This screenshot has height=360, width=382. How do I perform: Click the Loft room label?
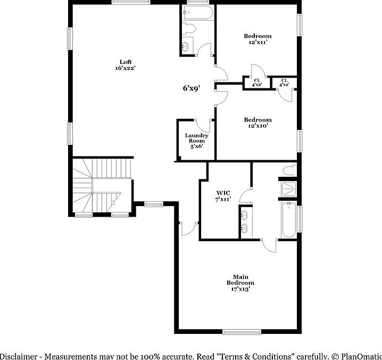(126, 61)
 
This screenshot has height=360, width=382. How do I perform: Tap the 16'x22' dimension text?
(126, 68)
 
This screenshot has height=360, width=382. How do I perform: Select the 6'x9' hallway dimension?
(191, 88)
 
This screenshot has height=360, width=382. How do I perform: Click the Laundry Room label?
(196, 138)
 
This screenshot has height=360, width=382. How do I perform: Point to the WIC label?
(223, 192)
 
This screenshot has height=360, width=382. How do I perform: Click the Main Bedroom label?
(240, 280)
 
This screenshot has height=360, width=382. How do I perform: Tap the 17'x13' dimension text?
(240, 289)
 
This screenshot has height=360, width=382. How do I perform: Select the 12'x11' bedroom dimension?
(258, 43)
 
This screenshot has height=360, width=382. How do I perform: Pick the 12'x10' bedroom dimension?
(258, 126)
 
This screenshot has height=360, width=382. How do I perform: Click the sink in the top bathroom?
(185, 47)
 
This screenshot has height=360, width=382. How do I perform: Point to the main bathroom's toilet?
(288, 171)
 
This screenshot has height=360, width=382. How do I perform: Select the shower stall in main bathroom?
(289, 189)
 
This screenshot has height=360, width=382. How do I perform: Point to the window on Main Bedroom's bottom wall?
(242, 332)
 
